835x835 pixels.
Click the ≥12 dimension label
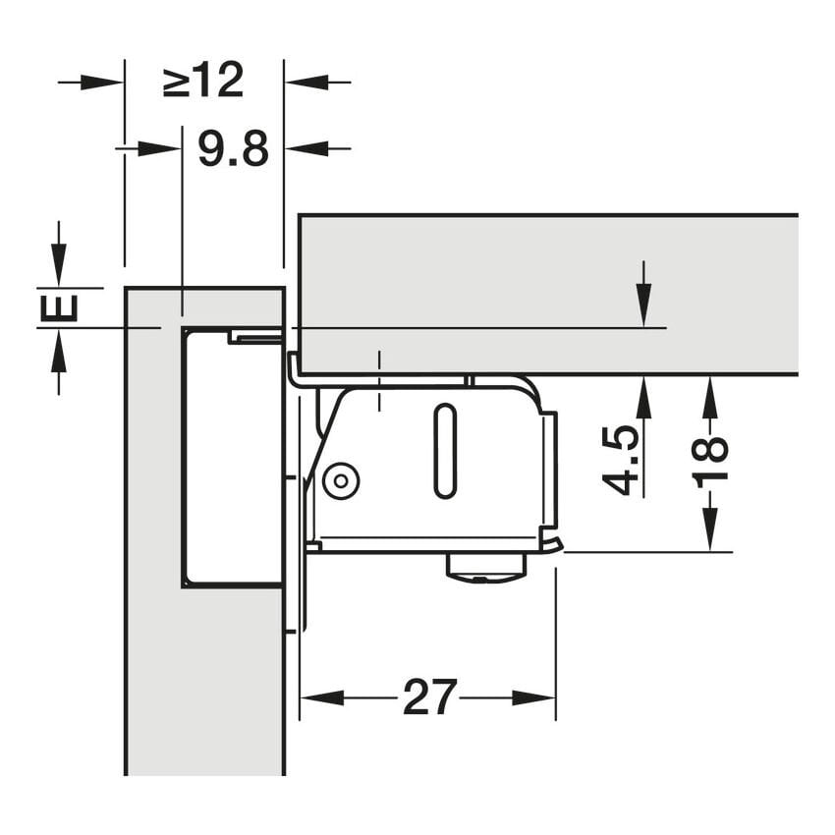click(203, 81)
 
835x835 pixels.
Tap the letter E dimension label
click(59, 307)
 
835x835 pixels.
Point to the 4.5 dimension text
click(620, 460)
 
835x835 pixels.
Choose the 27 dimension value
click(429, 697)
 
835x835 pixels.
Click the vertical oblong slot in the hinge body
click(445, 451)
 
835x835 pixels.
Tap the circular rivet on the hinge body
click(341, 481)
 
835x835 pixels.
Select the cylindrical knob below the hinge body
click(486, 568)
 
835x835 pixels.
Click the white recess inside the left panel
click(232, 458)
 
